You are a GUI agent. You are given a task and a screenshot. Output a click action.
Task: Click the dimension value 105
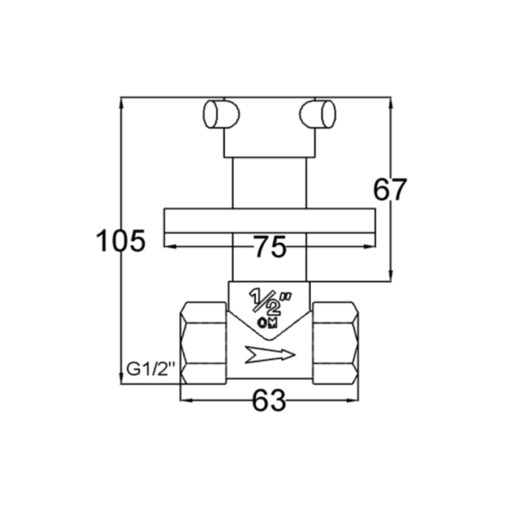[x=120, y=240]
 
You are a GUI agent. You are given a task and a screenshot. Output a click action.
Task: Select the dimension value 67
[x=391, y=190]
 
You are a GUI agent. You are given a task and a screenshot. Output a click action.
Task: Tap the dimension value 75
[x=270, y=246]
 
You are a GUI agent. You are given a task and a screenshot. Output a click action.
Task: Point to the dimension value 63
[x=269, y=400]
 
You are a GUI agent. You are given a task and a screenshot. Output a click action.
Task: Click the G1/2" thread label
[x=151, y=369]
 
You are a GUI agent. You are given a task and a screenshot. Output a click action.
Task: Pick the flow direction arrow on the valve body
[x=270, y=354]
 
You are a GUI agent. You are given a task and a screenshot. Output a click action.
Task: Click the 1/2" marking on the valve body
[x=270, y=300]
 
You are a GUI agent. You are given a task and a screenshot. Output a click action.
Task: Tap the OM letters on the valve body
[x=267, y=324]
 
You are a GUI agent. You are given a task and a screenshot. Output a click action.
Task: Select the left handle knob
[x=221, y=114]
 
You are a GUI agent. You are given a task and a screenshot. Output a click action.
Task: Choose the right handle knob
[x=318, y=114]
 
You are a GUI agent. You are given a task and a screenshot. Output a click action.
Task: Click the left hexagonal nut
[x=203, y=342]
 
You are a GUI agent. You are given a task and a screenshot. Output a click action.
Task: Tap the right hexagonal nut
[x=336, y=342]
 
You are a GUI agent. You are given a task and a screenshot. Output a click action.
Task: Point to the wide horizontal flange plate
[x=270, y=221]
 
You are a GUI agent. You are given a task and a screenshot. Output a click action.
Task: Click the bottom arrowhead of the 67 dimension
[x=391, y=276]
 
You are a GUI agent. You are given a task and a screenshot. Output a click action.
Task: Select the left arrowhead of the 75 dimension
[x=169, y=246]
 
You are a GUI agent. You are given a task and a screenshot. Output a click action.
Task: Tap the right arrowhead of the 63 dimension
[x=354, y=400]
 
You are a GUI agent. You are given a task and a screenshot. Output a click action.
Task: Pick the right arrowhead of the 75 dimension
[x=370, y=246]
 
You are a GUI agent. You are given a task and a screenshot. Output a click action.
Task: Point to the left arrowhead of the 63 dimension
[x=186, y=400]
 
